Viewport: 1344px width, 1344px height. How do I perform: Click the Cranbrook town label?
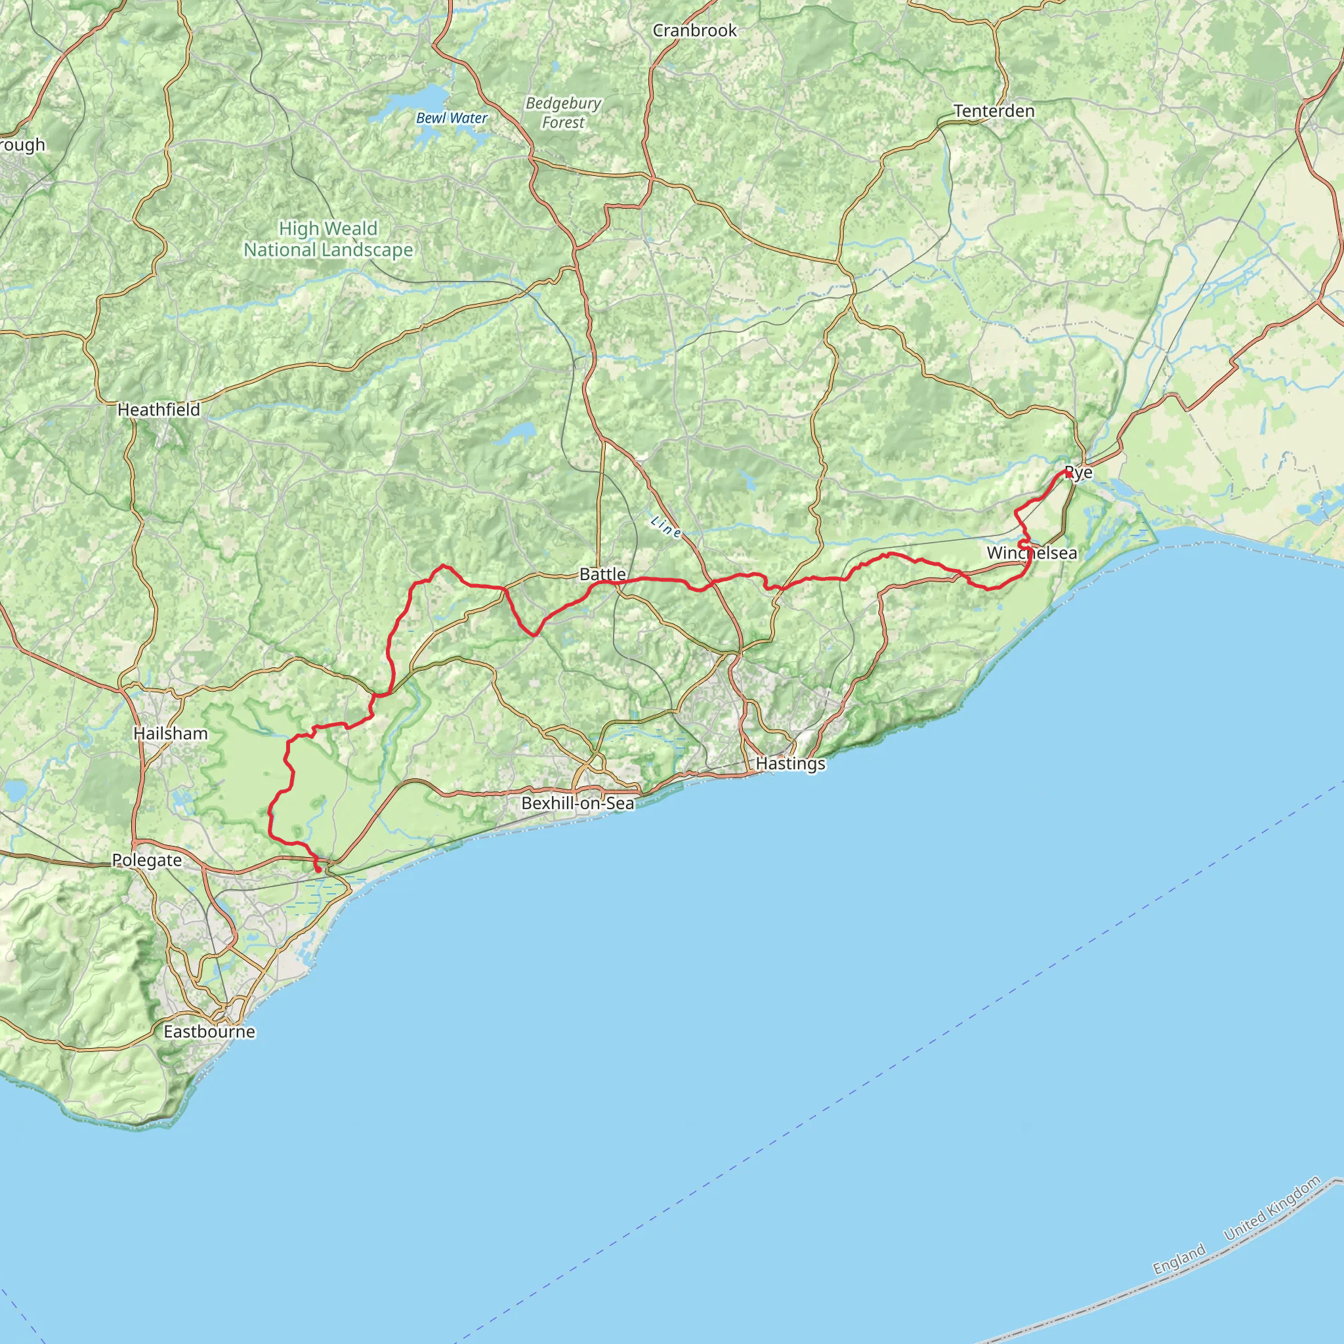[694, 31]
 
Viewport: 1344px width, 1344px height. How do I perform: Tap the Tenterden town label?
[994, 111]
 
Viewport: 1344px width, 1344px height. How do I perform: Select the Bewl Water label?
[451, 118]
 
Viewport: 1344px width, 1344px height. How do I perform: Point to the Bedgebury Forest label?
[564, 113]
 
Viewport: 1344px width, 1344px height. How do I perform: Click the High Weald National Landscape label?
[328, 239]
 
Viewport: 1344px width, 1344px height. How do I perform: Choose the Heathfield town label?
[159, 409]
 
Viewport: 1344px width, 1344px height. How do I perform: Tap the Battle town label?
[602, 574]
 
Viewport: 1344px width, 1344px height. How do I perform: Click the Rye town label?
[1079, 473]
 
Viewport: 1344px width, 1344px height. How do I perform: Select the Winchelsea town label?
[1032, 553]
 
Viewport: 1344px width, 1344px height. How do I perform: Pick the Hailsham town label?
[171, 733]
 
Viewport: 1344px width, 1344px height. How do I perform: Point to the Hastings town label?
[790, 763]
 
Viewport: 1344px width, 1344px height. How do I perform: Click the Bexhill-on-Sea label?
[578, 803]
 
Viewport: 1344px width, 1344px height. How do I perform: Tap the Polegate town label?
[147, 860]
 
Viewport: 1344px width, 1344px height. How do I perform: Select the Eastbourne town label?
[209, 1031]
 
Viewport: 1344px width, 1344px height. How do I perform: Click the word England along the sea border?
[1179, 1260]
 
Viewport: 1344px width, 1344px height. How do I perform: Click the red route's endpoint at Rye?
[1068, 473]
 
